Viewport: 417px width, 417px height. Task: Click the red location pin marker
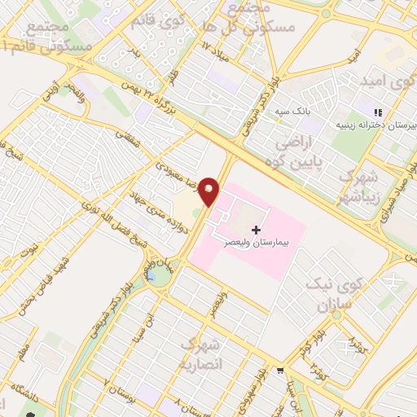point(209,191)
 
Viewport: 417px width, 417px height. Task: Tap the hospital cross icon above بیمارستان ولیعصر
point(257,230)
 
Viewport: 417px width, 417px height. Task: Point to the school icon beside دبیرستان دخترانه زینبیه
point(377,113)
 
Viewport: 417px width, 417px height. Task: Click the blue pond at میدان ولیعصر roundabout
point(151,279)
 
